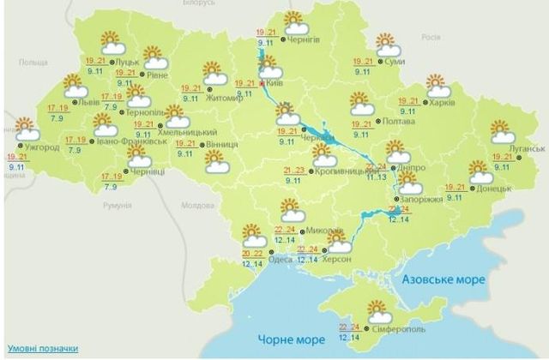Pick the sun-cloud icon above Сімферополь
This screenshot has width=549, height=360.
[x=378, y=310]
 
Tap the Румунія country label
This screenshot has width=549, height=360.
[x=116, y=207]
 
